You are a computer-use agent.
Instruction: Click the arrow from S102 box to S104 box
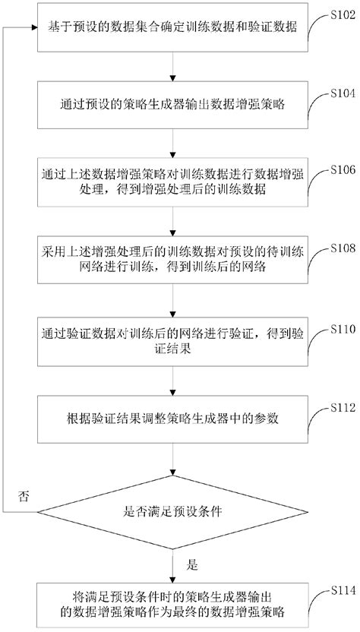click(x=175, y=67)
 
